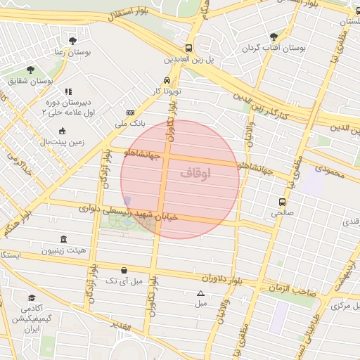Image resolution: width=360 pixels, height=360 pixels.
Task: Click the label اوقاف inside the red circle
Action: point(195,173)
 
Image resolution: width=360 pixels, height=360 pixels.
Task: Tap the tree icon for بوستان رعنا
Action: point(73,40)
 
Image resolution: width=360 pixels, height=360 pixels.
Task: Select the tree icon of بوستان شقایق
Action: point(30,69)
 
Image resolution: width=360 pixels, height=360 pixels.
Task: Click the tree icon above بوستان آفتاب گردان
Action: point(274,37)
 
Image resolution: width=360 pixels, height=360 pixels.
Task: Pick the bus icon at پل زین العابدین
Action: point(188,49)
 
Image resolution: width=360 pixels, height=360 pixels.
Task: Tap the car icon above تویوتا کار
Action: point(167,80)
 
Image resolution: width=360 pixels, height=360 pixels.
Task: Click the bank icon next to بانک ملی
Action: point(130,112)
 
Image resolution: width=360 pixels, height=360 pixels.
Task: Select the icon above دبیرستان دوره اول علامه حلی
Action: point(68,91)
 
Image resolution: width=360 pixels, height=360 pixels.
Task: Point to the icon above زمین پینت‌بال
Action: point(62,131)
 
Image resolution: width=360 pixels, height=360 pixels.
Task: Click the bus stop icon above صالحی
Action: point(282,201)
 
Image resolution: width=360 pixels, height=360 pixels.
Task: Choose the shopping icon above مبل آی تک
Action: point(124,270)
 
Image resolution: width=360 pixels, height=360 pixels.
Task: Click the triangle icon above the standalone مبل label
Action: point(201,294)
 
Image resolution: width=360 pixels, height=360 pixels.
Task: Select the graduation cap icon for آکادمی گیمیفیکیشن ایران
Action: point(31,298)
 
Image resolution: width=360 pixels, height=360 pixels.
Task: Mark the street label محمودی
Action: point(330,169)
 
